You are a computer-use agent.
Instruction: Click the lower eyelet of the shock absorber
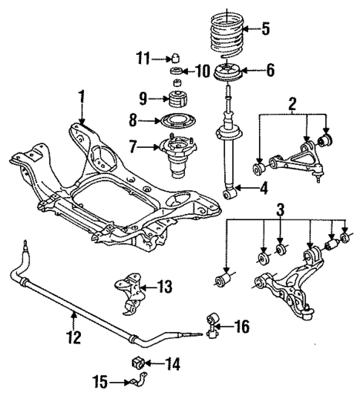pos(230,194)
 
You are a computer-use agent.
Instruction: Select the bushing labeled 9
pos(179,99)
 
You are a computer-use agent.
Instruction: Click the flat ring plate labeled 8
pos(177,120)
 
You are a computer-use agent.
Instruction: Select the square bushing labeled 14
pos(137,363)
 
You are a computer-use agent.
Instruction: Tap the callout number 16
pos(242,326)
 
